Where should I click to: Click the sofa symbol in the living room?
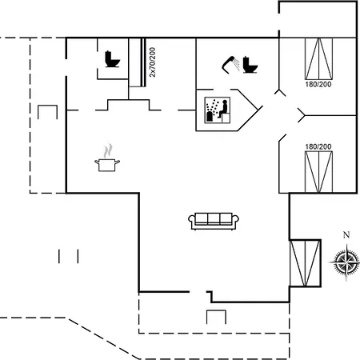click(x=214, y=221)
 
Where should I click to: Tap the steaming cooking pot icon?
click(x=107, y=158)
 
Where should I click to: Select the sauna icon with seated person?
click(x=218, y=110)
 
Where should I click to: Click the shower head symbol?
click(x=229, y=64)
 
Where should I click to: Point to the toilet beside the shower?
click(x=250, y=65)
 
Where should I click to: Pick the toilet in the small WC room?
click(x=112, y=59)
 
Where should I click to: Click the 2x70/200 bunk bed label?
click(x=152, y=62)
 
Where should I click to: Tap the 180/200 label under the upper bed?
click(x=318, y=84)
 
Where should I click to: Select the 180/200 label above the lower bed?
click(x=318, y=146)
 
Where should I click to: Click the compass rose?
click(x=346, y=262)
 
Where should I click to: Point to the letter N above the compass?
click(x=346, y=235)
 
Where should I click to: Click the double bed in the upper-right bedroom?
click(x=318, y=58)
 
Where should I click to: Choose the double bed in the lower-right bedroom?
click(x=318, y=172)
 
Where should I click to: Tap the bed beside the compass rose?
click(x=305, y=263)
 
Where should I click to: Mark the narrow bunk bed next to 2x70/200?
click(x=137, y=62)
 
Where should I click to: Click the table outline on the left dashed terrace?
click(x=47, y=112)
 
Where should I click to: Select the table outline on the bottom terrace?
click(x=216, y=317)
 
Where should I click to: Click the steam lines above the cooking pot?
click(x=108, y=151)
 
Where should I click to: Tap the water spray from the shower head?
click(x=236, y=65)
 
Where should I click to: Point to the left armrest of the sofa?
click(x=191, y=221)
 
